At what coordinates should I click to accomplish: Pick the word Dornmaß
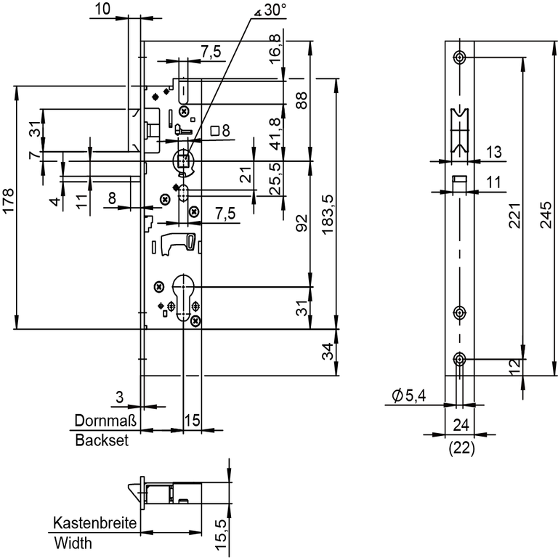pyautogui.click(x=101, y=421)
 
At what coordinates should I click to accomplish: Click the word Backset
pyautogui.click(x=102, y=441)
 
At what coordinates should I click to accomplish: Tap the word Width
pyautogui.click(x=73, y=543)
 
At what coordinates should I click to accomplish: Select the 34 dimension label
pyautogui.click(x=328, y=353)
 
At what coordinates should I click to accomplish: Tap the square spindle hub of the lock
pyautogui.click(x=182, y=160)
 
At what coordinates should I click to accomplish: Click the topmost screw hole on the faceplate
pyautogui.click(x=458, y=57)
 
